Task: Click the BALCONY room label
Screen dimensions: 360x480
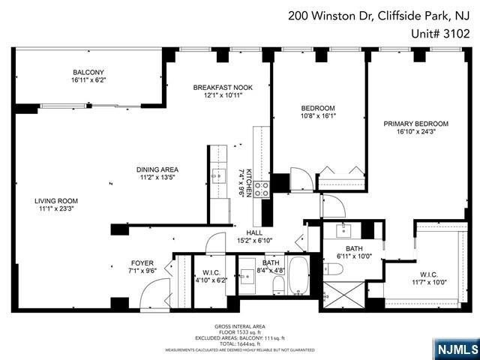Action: point(88,73)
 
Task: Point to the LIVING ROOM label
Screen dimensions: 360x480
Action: point(56,201)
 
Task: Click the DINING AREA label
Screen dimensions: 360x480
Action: point(157,169)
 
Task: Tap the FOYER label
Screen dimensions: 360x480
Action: point(142,263)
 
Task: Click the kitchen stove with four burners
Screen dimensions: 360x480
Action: point(262,189)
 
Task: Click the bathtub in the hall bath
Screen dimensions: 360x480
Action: point(298,275)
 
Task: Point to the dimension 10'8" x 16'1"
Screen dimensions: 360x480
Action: point(318,116)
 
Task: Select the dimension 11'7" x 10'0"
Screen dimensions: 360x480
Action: point(429,282)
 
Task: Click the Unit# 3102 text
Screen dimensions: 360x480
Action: point(442,33)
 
